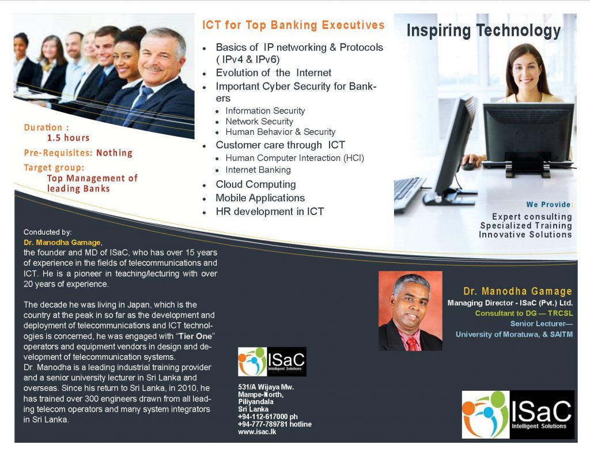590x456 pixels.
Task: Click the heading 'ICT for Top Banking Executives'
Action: (293, 25)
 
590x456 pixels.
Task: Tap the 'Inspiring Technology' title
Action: (483, 31)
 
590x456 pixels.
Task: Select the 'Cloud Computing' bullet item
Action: (255, 184)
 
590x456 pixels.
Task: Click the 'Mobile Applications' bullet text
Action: (260, 198)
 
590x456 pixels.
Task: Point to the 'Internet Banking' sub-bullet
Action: (258, 170)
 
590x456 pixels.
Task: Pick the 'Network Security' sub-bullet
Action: (259, 121)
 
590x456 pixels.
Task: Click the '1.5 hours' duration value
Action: (68, 138)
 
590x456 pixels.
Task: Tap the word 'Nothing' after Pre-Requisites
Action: (115, 153)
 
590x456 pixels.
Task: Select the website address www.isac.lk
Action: (257, 432)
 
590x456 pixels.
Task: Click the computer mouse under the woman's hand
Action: (469, 165)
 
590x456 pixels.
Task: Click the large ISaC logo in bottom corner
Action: (518, 414)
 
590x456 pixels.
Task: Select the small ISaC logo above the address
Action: (272, 361)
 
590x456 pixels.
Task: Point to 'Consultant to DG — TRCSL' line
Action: (524, 313)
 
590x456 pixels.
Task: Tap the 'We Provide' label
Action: (549, 205)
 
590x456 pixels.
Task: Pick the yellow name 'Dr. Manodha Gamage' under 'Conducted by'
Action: (62, 243)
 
